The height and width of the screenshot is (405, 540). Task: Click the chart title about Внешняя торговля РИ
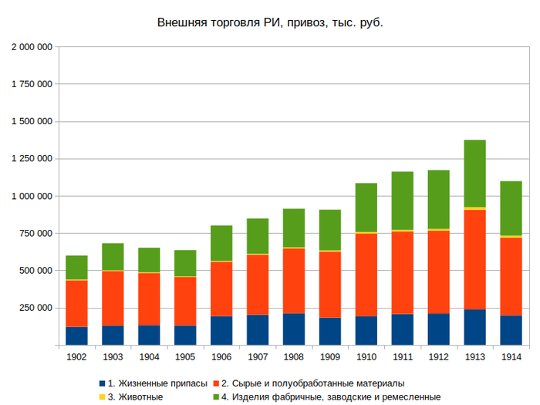(270, 22)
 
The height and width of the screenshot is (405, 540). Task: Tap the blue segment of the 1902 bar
(76, 336)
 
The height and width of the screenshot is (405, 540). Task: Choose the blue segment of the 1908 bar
(294, 329)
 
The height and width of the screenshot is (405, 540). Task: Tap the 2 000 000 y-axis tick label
(32, 47)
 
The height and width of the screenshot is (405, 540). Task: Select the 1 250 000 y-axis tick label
(32, 159)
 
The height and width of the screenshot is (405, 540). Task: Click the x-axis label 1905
(185, 357)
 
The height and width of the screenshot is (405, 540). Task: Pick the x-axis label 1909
(330, 357)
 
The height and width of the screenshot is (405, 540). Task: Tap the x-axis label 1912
(438, 357)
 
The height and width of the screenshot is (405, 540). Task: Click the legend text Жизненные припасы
(157, 383)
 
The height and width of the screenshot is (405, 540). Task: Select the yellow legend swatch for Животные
(101, 397)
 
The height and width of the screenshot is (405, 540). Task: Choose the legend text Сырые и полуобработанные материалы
(312, 383)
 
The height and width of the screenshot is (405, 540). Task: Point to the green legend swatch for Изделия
(215, 397)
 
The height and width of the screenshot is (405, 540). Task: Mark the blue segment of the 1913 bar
(474, 326)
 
